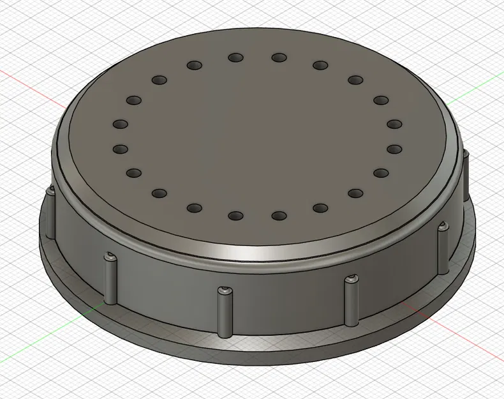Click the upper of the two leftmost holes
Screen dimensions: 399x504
(x=120, y=124)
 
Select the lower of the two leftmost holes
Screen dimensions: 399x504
(x=120, y=149)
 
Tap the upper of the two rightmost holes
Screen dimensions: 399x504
(x=394, y=124)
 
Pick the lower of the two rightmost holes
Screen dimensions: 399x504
(x=394, y=149)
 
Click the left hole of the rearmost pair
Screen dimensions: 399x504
(x=236, y=58)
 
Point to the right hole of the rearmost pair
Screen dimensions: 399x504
(x=279, y=58)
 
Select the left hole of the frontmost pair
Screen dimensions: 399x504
(x=236, y=216)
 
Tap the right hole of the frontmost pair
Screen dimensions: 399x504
(x=279, y=216)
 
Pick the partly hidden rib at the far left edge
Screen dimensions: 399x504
(x=48, y=211)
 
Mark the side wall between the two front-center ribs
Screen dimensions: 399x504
(x=287, y=300)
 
